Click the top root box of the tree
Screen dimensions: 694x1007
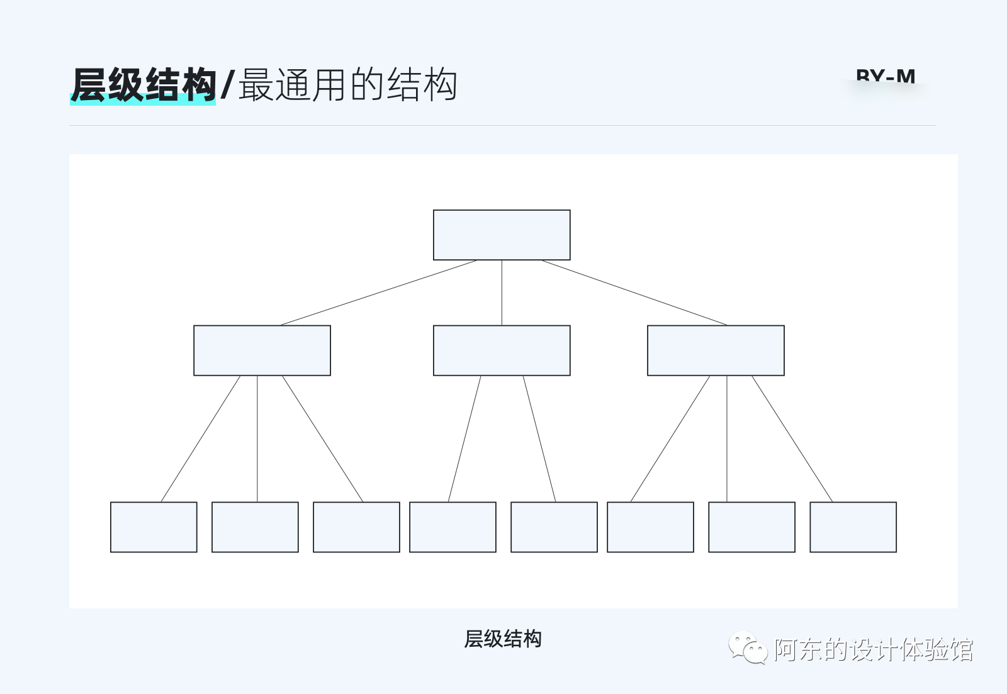[x=502, y=235]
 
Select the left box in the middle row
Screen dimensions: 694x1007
[x=262, y=350]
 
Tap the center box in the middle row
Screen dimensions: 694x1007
[x=502, y=350]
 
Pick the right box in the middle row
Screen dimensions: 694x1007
[x=716, y=350]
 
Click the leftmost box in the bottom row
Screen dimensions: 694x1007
[x=154, y=527]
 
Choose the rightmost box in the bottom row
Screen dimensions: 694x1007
[x=853, y=527]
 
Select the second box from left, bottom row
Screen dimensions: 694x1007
[x=255, y=527]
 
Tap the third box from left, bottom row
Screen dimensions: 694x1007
[x=356, y=527]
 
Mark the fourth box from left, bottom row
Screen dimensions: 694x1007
[x=453, y=527]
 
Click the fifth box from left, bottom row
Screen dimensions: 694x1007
[x=554, y=527]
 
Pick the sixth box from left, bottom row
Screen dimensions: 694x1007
[x=650, y=527]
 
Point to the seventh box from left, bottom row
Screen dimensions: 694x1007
[x=751, y=527]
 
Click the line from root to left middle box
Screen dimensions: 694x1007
[x=378, y=293]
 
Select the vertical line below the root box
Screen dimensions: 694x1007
[x=502, y=293]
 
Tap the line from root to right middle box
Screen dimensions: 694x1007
[x=634, y=293]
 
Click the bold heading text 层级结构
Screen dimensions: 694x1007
[x=143, y=85]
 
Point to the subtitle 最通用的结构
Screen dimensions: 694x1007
[x=347, y=85]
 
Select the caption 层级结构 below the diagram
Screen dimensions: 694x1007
[x=503, y=639]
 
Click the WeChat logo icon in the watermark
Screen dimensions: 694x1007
[x=747, y=647]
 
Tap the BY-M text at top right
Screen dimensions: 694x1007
[x=886, y=77]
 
